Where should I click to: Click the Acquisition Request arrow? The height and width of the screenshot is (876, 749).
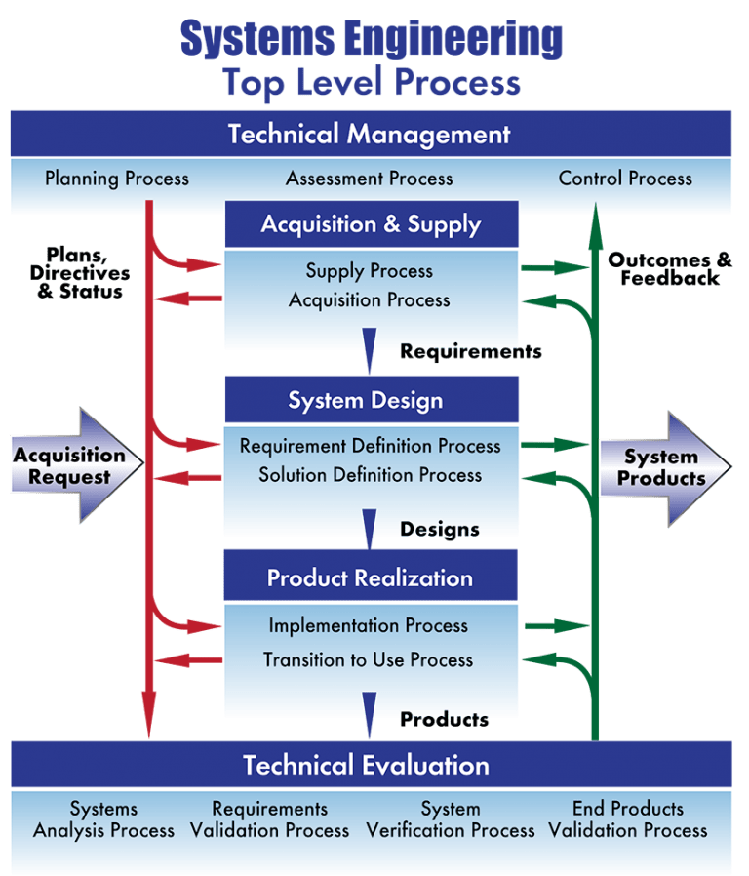pos(77,465)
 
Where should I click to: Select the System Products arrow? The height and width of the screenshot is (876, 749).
pos(666,468)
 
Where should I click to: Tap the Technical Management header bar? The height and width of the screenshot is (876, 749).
pos(371,134)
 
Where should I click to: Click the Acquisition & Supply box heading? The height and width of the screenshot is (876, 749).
pos(372,224)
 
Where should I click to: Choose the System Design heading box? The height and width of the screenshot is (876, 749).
pos(372,400)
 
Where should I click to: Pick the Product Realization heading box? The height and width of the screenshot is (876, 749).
pos(371,577)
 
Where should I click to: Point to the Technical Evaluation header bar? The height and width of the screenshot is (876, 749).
pos(372,764)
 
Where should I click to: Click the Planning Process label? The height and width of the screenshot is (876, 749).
pos(117,179)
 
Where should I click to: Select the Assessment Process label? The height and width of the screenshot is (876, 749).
pos(370,179)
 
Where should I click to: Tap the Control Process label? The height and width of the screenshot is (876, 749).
pos(625,179)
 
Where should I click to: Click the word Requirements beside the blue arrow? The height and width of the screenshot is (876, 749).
pos(471,351)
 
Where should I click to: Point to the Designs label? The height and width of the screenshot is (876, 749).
pos(440,529)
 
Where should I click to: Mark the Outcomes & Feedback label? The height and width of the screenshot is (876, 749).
pos(670,268)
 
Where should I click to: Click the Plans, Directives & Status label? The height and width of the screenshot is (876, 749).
pos(80,272)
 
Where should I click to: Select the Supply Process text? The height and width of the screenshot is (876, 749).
pos(370,271)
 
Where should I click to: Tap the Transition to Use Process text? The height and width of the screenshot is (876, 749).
pos(368,659)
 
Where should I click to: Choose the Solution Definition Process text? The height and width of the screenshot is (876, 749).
pos(370,475)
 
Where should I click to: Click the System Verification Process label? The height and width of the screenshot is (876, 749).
pos(451,819)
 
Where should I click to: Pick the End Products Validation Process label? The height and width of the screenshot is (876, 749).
pos(628,819)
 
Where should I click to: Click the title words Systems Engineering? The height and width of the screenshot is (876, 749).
pos(372,38)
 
